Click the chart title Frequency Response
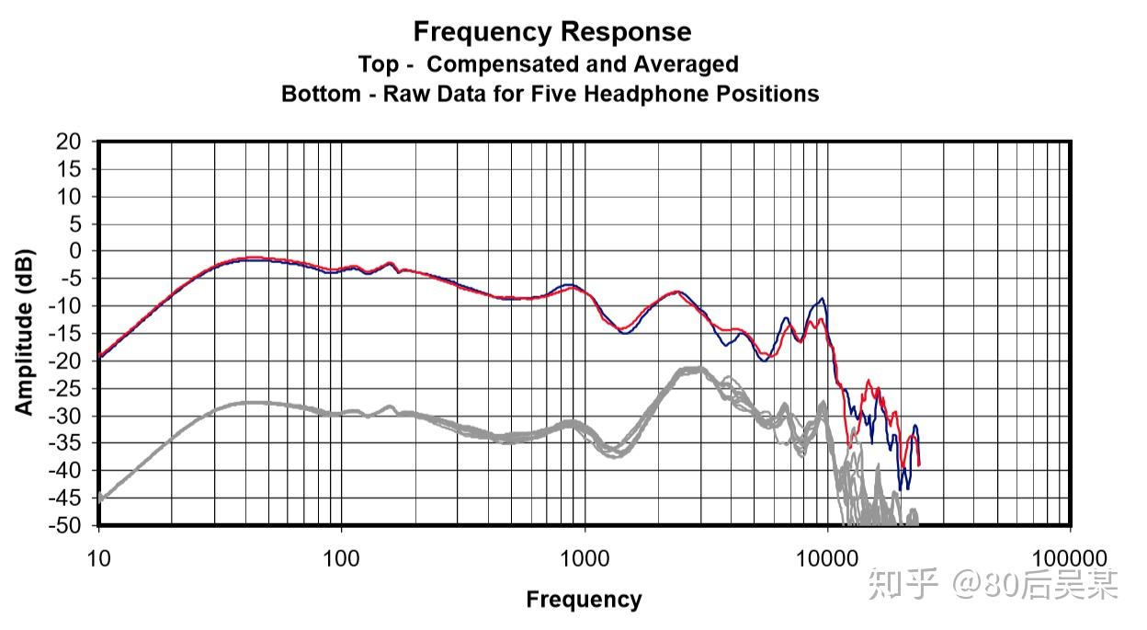552,32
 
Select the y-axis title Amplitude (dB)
24,332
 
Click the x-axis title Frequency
584,600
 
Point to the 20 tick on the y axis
69,142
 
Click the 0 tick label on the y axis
75,251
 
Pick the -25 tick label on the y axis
64,388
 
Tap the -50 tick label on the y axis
64,525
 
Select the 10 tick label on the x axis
99,559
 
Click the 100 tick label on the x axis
341,559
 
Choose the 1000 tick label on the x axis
585,559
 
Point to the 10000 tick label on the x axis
827,559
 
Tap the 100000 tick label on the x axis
1070,559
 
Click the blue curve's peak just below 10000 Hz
822,298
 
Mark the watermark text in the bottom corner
994,584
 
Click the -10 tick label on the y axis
64,306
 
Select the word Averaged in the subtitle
687,64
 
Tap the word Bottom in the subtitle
321,94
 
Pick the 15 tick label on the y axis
69,169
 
